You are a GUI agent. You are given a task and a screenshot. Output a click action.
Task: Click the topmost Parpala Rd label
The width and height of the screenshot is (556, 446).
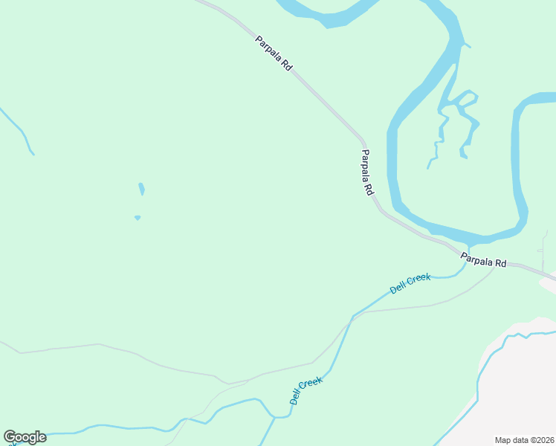click(x=274, y=53)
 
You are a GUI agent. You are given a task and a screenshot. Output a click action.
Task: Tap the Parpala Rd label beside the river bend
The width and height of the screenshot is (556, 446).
click(x=367, y=172)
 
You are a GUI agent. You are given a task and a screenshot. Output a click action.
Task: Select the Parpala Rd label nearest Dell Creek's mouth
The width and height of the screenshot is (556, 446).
click(x=483, y=260)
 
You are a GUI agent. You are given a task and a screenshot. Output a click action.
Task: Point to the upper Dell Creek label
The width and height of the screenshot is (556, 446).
click(x=410, y=283)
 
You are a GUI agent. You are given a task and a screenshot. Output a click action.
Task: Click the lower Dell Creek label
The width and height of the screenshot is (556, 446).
click(x=306, y=391)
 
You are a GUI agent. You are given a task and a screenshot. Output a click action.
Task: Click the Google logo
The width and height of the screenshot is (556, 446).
click(x=25, y=437)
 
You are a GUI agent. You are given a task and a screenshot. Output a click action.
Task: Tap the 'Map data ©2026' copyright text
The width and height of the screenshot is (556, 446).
click(x=524, y=439)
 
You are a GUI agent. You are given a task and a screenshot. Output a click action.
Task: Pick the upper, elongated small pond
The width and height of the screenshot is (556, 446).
click(x=141, y=189)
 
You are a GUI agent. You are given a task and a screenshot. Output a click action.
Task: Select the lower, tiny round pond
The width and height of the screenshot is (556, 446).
click(x=138, y=218)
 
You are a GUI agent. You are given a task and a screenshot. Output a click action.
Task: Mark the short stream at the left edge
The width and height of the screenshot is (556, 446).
click(x=19, y=130)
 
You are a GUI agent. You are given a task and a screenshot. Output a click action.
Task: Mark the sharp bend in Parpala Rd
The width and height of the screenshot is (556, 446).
click(x=363, y=140)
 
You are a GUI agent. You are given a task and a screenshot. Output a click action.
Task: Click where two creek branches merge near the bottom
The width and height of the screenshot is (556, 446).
click(x=275, y=418)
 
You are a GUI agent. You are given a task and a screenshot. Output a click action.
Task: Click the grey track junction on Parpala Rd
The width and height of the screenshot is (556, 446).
click(x=494, y=265)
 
